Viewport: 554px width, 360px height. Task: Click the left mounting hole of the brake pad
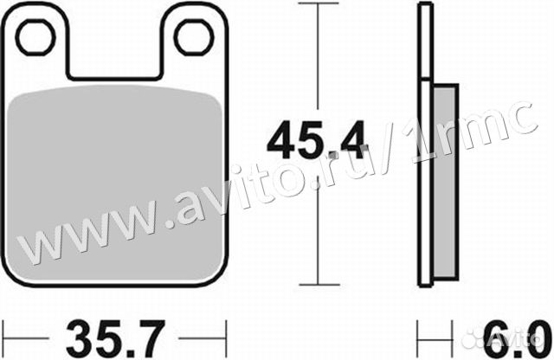[x=35, y=37]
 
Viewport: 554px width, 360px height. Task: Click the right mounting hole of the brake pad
[x=194, y=37]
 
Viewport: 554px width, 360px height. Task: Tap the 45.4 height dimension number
[x=315, y=140]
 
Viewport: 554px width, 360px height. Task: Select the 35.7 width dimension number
[x=115, y=338]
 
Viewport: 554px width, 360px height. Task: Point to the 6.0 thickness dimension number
[x=517, y=338]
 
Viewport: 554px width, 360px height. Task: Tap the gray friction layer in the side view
[x=445, y=182]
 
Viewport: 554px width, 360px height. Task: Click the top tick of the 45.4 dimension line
[x=318, y=3]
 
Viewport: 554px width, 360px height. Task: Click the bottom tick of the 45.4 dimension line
[x=319, y=285]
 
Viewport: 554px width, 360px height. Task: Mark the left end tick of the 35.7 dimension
[x=3, y=338]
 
